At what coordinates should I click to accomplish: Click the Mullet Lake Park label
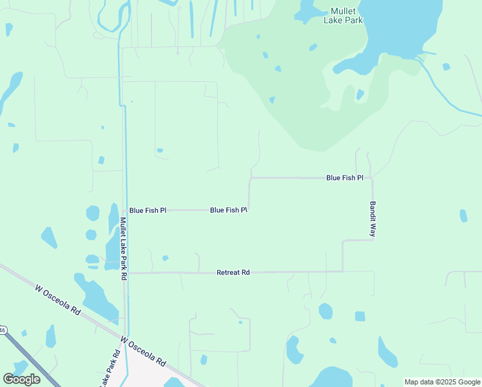click(x=343, y=15)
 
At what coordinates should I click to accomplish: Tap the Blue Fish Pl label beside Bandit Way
click(x=345, y=177)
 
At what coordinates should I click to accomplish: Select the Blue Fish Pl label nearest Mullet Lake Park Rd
click(x=148, y=210)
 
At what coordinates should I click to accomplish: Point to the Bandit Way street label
click(x=372, y=219)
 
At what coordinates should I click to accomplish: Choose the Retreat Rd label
click(x=233, y=273)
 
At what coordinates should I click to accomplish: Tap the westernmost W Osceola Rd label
click(x=57, y=301)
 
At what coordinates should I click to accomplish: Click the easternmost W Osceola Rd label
click(x=143, y=351)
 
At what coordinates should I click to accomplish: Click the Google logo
click(x=21, y=379)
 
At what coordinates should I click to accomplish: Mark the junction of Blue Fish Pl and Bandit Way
click(x=372, y=178)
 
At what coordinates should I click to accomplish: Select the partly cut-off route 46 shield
click(x=2, y=330)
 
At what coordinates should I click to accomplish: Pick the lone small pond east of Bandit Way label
click(x=463, y=215)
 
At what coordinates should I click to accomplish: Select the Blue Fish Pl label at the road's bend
click(x=229, y=210)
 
